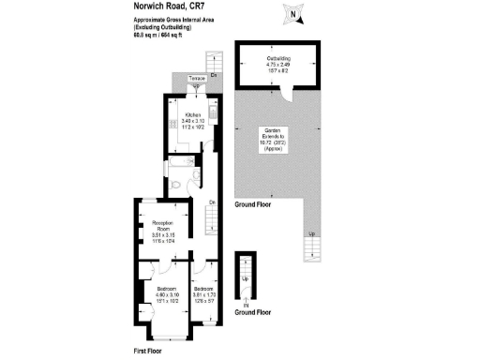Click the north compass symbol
[x=294, y=13]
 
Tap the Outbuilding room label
[x=278, y=58]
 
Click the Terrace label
[x=197, y=78]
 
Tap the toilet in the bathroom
[x=177, y=186]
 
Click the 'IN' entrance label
[x=247, y=306]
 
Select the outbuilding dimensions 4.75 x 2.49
[x=278, y=64]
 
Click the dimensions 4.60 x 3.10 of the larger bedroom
[x=155, y=294]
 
